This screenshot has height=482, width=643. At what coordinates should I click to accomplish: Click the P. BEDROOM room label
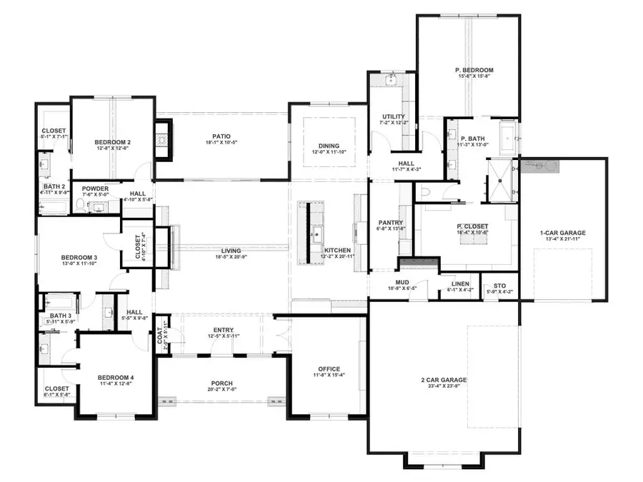(x=474, y=70)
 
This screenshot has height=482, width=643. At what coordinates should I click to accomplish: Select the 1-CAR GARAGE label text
(x=563, y=233)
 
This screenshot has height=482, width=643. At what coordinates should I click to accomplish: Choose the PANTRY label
(x=391, y=223)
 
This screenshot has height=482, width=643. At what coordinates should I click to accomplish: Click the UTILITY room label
(x=394, y=116)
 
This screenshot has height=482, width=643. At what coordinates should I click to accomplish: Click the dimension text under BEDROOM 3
(x=79, y=264)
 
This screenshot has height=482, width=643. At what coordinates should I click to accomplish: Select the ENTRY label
(x=224, y=329)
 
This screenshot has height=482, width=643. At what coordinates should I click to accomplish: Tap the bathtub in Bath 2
(x=53, y=206)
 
